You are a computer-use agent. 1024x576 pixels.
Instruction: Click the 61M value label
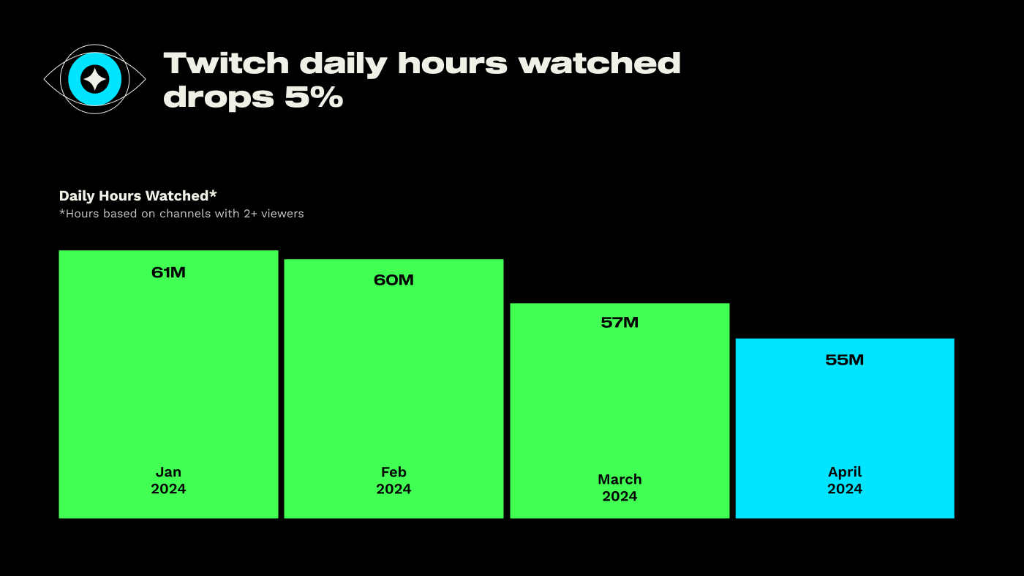point(168,272)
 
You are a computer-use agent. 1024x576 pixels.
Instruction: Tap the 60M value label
point(394,280)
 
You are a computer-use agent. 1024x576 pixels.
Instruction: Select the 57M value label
point(620,322)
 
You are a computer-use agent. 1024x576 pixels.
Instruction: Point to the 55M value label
point(845,359)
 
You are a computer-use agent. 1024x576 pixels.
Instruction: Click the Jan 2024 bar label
point(168,480)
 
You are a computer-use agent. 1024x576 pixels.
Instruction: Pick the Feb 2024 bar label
point(394,480)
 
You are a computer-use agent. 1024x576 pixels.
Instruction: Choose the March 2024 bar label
point(620,487)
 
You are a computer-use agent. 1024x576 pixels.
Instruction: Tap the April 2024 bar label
point(845,480)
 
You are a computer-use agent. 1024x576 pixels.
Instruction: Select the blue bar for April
point(845,417)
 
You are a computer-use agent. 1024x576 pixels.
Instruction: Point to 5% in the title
point(314,97)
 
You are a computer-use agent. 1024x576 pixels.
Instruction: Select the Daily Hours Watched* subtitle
point(138,195)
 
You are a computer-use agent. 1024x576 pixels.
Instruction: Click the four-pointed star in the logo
point(94,79)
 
